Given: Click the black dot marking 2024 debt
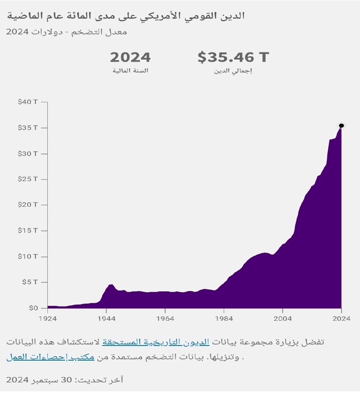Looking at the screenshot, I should point(341,125).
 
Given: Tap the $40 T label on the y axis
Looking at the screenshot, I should point(28,102).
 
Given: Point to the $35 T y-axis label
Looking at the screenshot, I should point(28,127).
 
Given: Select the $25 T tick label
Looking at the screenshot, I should point(28,179).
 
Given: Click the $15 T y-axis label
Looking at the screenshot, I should point(28,231).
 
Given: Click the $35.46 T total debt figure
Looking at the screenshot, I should point(233,57).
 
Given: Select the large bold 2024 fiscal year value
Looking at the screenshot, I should point(130,57).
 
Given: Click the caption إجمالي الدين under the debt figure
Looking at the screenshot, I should point(233,71).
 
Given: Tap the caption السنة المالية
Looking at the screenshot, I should point(130,71).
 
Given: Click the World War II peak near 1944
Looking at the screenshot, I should point(111,285).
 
